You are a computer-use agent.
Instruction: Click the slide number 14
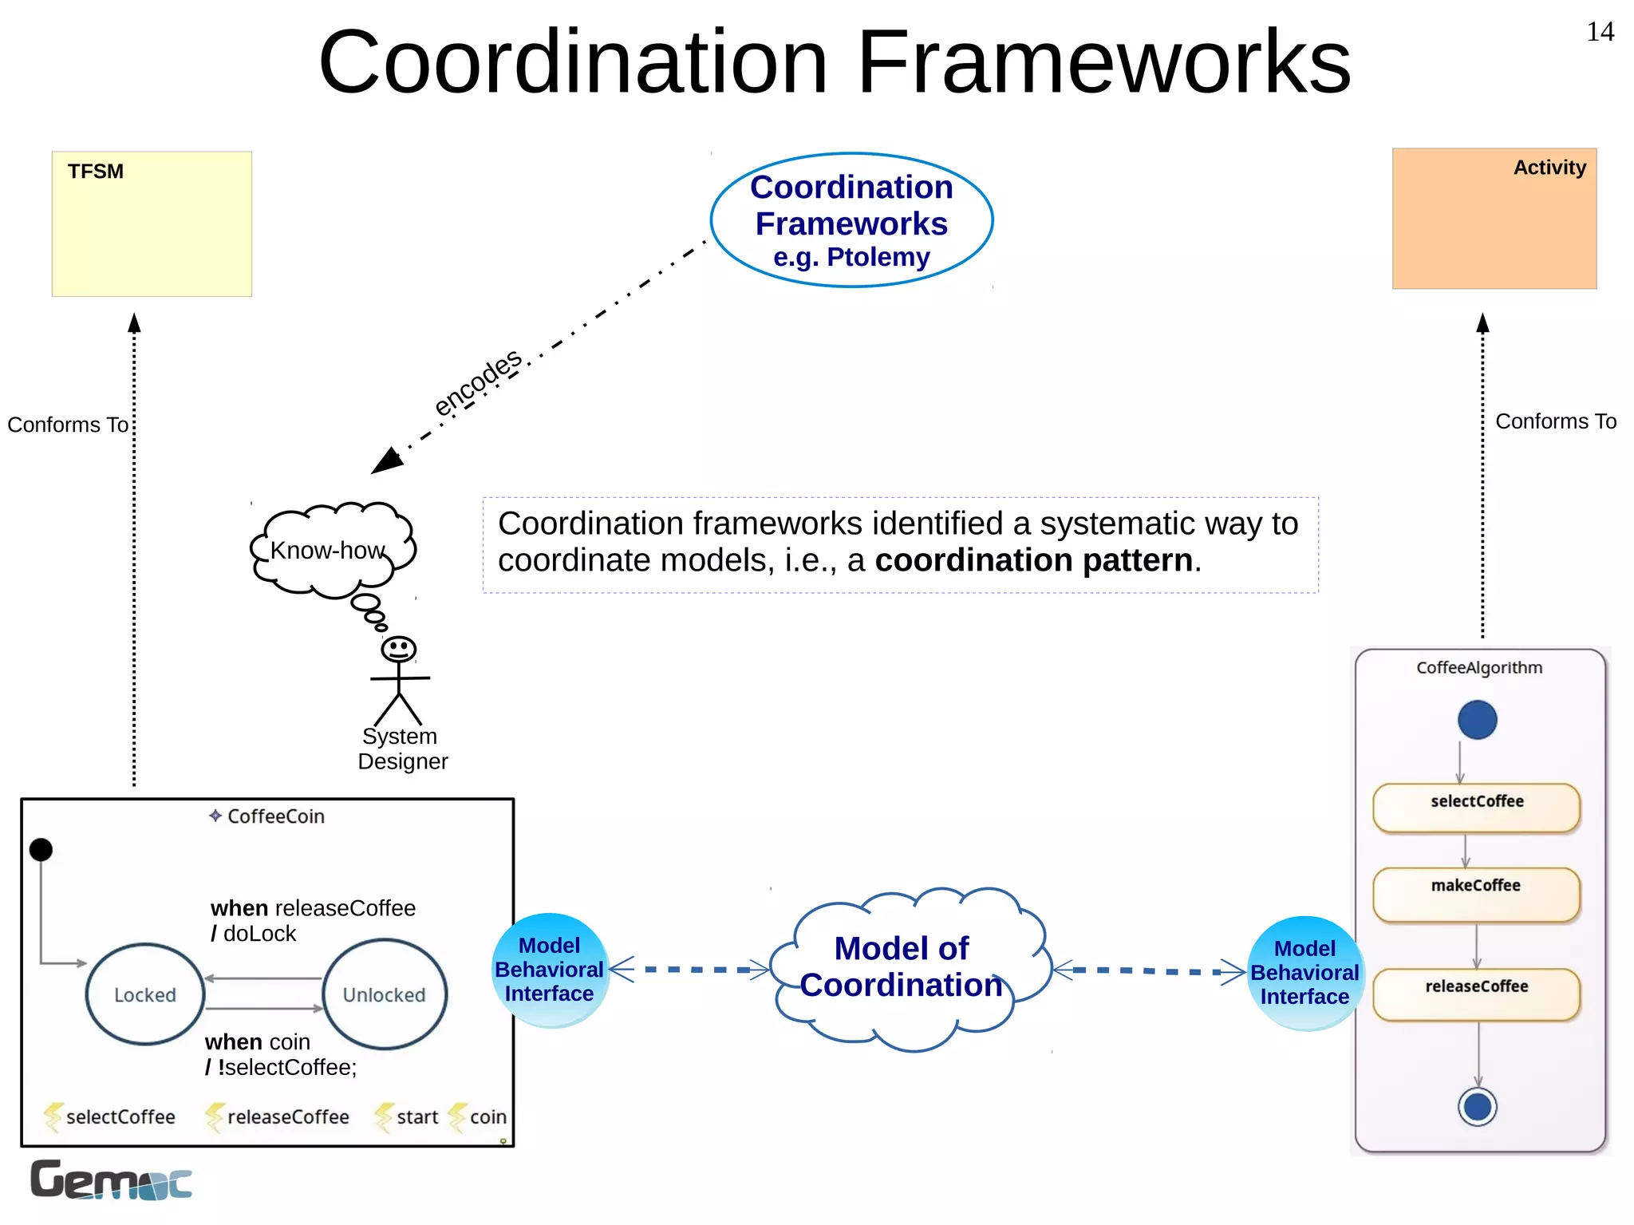tap(1600, 32)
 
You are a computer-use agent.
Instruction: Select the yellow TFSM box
tap(152, 224)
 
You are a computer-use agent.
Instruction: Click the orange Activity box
tap(1494, 219)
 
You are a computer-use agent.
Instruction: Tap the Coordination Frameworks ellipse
tap(851, 220)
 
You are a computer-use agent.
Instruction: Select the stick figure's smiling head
tap(398, 649)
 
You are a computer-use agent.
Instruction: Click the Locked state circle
tap(145, 994)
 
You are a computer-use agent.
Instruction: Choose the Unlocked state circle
tap(385, 994)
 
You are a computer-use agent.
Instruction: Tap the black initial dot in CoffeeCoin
tap(41, 850)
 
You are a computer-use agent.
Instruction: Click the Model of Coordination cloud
tap(902, 967)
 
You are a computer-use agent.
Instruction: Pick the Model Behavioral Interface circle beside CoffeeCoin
tap(550, 970)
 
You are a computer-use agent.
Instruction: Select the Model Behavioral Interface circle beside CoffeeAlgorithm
tap(1304, 973)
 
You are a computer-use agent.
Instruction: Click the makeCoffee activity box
tap(1476, 895)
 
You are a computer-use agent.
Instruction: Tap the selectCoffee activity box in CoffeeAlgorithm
tap(1476, 808)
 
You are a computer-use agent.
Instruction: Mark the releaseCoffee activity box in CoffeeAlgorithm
tap(1476, 994)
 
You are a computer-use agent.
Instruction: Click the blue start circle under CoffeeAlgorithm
tap(1477, 720)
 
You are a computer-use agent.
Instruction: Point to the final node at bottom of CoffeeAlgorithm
tap(1477, 1107)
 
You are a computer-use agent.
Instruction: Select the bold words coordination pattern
tap(1033, 561)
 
